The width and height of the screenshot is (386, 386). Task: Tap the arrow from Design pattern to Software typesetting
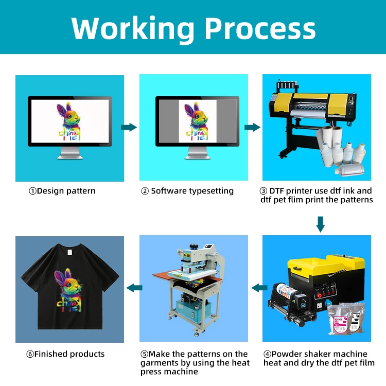[x=129, y=127]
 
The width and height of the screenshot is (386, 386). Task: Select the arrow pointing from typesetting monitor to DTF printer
[x=252, y=127]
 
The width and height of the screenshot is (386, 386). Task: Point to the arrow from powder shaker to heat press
[x=258, y=288]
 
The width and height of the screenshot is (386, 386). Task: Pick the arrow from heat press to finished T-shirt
[x=134, y=288]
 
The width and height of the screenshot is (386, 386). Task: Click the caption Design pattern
[x=62, y=191]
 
